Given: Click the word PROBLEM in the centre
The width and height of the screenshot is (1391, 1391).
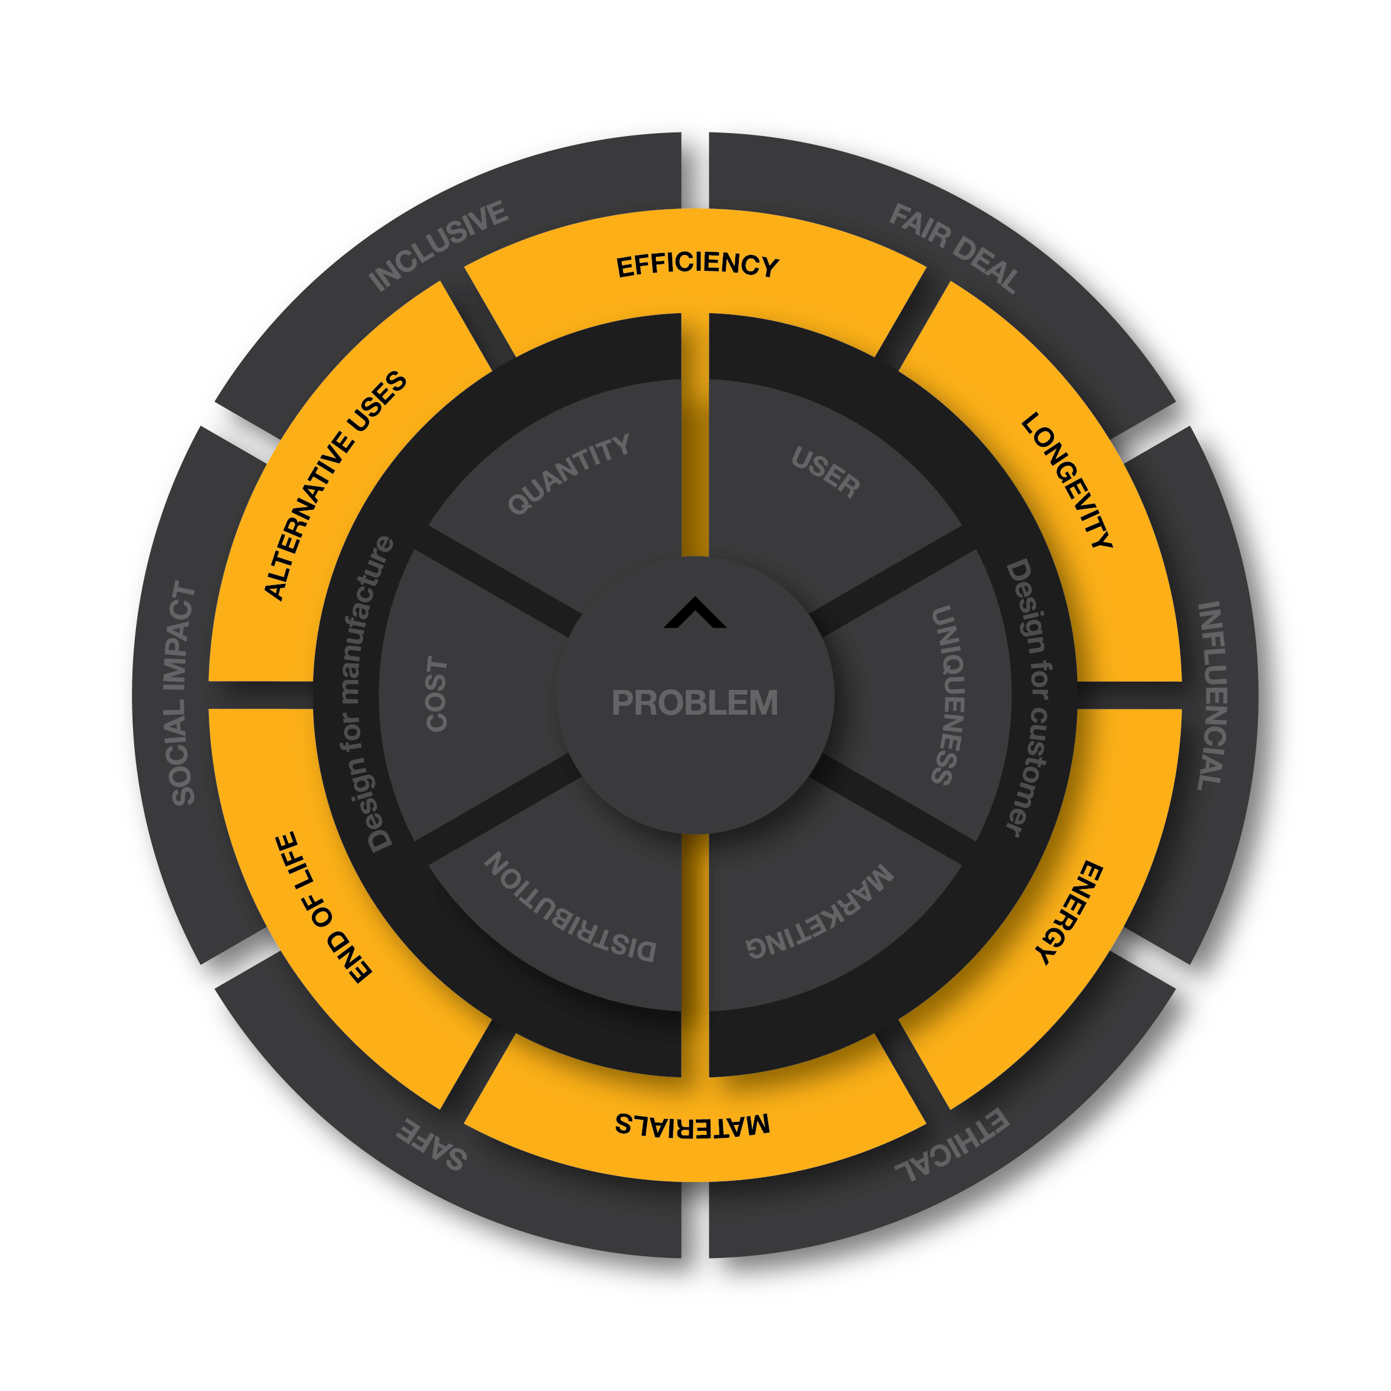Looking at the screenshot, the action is click(695, 703).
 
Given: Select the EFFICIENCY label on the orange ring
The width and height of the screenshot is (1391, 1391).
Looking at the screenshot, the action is click(698, 265).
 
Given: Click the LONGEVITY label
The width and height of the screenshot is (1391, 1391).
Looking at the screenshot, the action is click(1068, 480).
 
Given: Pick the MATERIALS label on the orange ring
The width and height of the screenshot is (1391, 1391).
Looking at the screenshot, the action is click(693, 1124).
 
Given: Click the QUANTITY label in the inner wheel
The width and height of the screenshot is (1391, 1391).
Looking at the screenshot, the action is click(569, 474).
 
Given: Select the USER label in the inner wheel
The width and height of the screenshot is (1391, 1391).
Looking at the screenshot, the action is click(826, 472).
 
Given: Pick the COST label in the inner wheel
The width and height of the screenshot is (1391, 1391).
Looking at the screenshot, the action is click(436, 693).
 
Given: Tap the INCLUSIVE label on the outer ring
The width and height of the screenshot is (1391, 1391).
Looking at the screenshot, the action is click(439, 245).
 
